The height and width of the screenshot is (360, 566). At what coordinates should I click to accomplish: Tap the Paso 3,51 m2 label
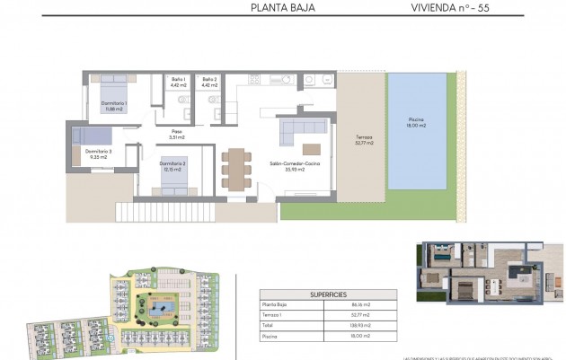coord(177,136)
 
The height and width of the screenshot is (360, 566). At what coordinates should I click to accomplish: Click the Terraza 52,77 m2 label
coord(363,140)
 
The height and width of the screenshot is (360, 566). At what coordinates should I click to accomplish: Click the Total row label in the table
coord(270,325)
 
